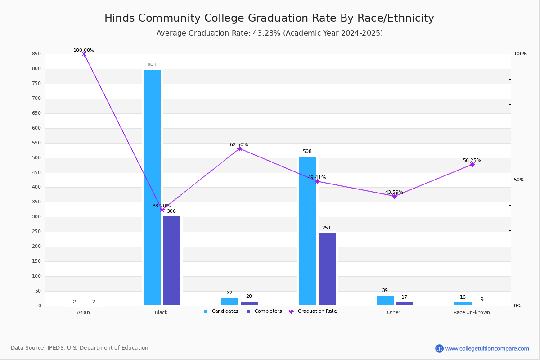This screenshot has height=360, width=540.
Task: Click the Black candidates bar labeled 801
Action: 153,187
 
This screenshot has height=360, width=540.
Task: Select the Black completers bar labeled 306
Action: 172,261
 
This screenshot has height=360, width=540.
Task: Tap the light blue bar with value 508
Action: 308,231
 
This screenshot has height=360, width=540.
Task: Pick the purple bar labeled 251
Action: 327,269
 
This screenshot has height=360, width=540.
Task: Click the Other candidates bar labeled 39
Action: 385,300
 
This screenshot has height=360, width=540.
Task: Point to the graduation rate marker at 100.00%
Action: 84,54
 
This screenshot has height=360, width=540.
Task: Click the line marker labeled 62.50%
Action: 239,148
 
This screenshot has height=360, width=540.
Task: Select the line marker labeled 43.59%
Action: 395,196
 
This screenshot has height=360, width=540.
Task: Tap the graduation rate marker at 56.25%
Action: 472,164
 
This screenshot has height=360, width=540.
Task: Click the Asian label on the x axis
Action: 83,312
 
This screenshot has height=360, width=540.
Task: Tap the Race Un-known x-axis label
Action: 472,312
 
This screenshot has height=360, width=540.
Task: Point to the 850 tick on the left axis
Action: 36,54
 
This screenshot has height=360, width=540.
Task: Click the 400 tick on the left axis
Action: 36,187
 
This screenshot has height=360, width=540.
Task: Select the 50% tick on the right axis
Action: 519,180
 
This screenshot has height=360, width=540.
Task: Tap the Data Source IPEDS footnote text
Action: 80,348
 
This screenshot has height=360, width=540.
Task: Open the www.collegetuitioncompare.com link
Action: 487,348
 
